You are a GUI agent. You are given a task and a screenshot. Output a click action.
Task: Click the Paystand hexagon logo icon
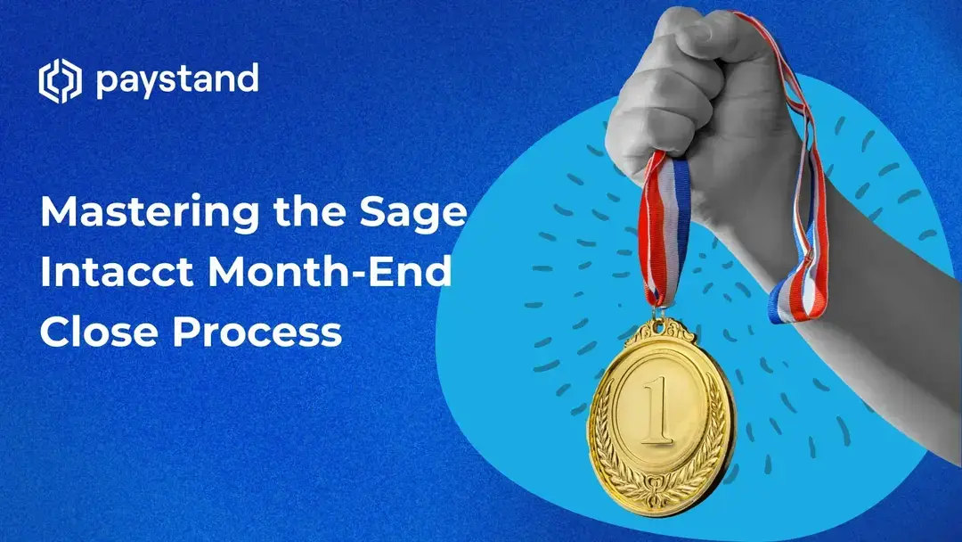pos(60,80)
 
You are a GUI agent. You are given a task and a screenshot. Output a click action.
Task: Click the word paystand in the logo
pos(176,81)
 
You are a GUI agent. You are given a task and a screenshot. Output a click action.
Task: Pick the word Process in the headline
pos(258,331)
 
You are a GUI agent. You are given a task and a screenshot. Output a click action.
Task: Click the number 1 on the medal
pos(660,411)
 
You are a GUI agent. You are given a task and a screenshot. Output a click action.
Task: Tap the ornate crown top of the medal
pos(660,335)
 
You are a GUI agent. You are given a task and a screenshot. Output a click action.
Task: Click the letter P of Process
pos(184,331)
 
